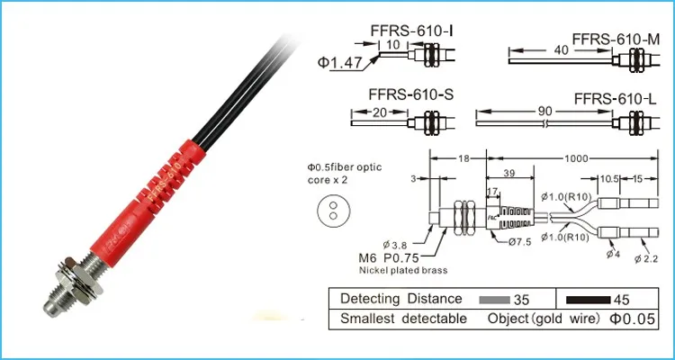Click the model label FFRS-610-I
click(x=411, y=31)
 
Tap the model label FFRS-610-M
click(x=616, y=39)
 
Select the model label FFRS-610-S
click(x=411, y=94)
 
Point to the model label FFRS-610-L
click(x=616, y=99)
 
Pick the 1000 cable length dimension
click(x=576, y=158)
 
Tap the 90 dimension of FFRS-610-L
click(x=544, y=111)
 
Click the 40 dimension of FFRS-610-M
click(x=562, y=50)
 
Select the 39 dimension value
click(x=509, y=173)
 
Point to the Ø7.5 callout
click(x=519, y=241)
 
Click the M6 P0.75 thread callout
click(x=389, y=258)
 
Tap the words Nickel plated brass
click(x=403, y=270)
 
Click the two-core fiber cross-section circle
click(x=334, y=211)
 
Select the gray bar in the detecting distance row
click(x=496, y=300)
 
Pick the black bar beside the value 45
click(x=588, y=300)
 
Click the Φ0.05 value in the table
click(x=632, y=319)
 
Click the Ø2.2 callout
click(x=646, y=259)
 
